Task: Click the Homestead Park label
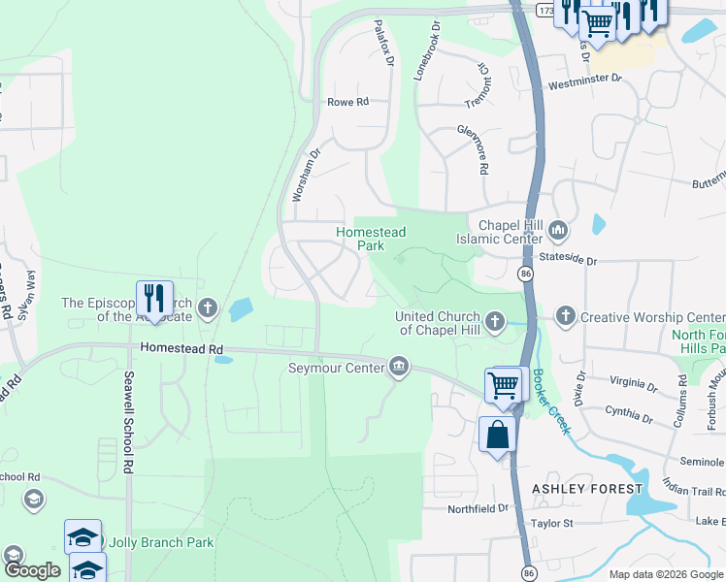(371, 239)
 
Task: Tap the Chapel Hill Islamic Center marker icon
(557, 231)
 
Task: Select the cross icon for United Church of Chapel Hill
(495, 321)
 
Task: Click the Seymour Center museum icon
(398, 366)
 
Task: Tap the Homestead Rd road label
(181, 347)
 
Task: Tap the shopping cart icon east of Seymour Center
(504, 384)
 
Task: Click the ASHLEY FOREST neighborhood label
(586, 488)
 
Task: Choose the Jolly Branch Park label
(162, 542)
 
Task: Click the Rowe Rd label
(347, 102)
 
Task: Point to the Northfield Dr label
(478, 508)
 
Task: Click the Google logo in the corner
(31, 571)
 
